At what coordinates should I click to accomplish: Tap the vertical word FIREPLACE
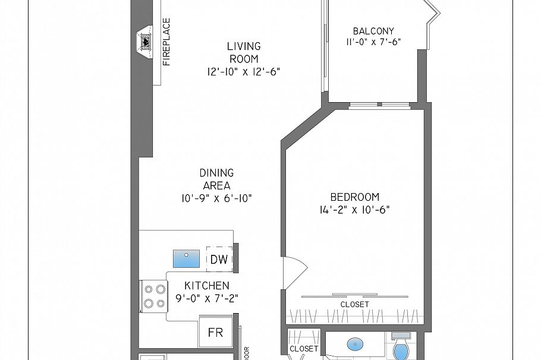[x=167, y=42]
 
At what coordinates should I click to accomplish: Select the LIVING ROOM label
[x=243, y=52]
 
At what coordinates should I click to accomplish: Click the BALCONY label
[x=373, y=31]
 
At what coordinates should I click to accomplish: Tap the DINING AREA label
[x=216, y=179]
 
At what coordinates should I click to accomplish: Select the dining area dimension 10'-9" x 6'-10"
[x=216, y=198]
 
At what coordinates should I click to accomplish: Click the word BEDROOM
[x=354, y=197]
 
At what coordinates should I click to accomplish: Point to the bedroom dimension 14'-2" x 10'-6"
[x=354, y=210]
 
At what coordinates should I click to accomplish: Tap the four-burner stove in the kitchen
[x=155, y=296]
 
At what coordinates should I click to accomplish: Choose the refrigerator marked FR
[x=215, y=333]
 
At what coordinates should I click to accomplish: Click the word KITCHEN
[x=206, y=286]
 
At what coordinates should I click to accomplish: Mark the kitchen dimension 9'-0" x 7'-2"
[x=206, y=298]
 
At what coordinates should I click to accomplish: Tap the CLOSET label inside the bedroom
[x=354, y=304]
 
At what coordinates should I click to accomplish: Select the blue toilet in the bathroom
[x=401, y=349]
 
